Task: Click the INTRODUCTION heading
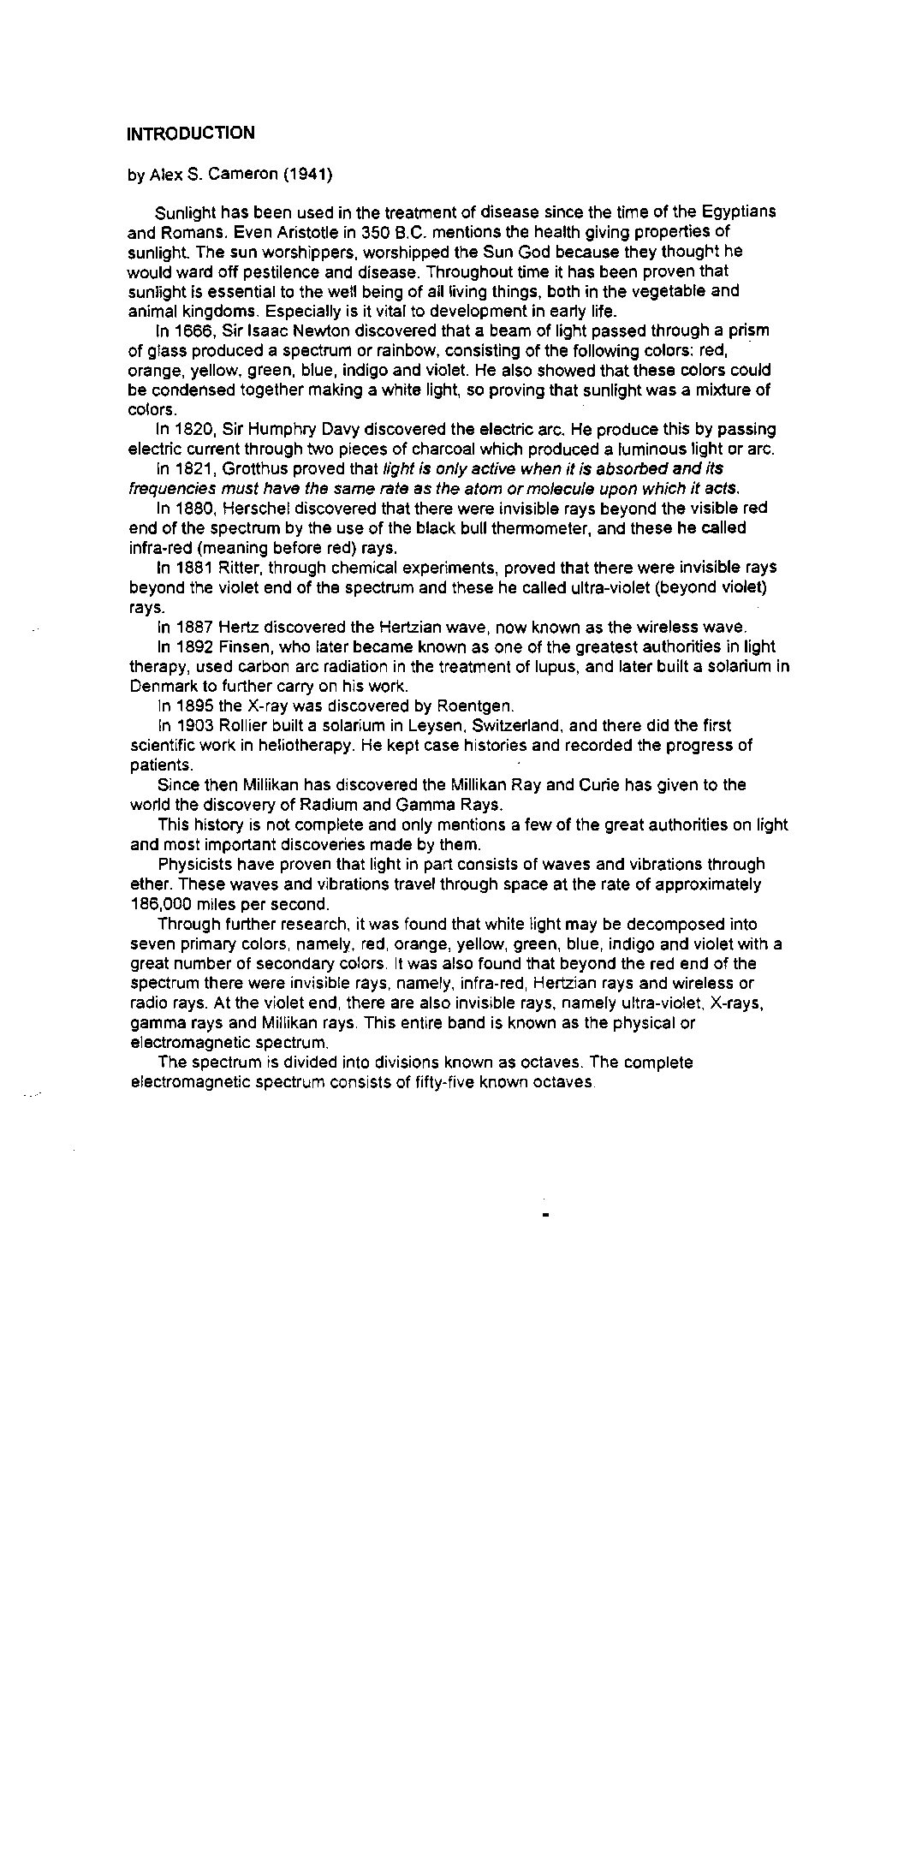(x=190, y=133)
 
